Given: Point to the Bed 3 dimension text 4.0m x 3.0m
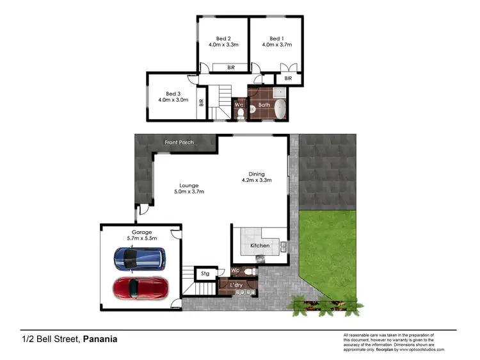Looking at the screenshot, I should click(x=173, y=100).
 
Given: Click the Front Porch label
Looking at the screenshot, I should click(x=179, y=142).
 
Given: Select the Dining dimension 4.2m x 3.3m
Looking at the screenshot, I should click(x=257, y=181).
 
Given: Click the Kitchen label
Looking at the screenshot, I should click(x=260, y=245).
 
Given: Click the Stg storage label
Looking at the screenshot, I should click(x=205, y=274).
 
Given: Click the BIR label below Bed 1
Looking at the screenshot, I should click(x=288, y=78).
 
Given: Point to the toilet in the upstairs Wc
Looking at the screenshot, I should click(x=239, y=114).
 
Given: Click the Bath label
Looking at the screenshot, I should click(x=264, y=104).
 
